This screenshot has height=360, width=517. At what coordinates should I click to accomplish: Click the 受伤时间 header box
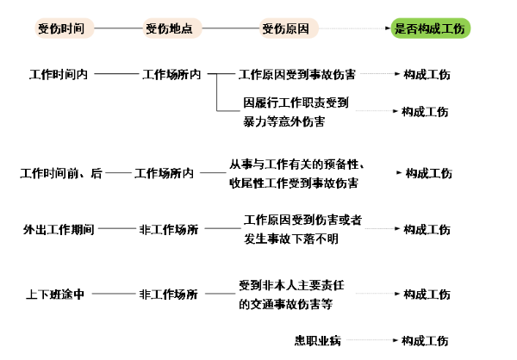(61, 28)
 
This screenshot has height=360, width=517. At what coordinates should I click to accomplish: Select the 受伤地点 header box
(170, 28)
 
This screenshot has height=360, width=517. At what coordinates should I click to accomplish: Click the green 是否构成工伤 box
(429, 28)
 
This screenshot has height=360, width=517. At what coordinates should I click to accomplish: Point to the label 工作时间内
(59, 74)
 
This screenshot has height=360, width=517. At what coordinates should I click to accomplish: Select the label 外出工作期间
(59, 229)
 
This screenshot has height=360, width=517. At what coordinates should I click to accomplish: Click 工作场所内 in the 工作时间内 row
(171, 74)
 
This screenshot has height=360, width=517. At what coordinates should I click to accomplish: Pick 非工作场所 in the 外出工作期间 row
(168, 229)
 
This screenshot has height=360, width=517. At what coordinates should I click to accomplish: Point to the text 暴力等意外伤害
(284, 121)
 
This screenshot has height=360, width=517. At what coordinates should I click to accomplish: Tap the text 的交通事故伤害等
(285, 302)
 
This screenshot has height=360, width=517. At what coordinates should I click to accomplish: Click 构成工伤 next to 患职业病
(426, 340)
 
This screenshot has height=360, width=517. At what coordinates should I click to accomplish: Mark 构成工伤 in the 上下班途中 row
(426, 294)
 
